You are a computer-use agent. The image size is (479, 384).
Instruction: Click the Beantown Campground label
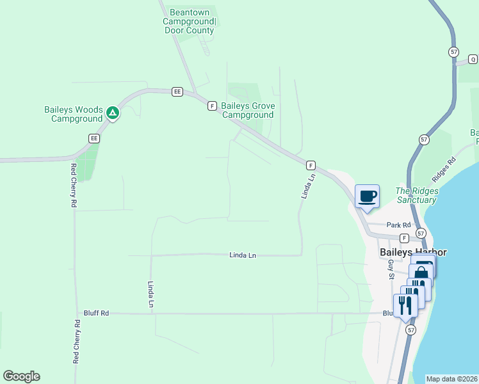pyautogui.click(x=190, y=21)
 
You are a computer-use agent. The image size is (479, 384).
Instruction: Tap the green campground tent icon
pyautogui.click(x=113, y=113)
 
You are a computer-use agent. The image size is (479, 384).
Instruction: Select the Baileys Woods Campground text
pyautogui.click(x=73, y=114)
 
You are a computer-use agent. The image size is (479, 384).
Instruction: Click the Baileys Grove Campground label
pyautogui.click(x=248, y=110)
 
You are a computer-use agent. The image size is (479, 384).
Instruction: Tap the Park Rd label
pyautogui.click(x=398, y=225)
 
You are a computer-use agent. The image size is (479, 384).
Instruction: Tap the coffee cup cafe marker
pyautogui.click(x=367, y=196)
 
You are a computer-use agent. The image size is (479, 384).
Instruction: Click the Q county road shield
pyautogui.click(x=473, y=60)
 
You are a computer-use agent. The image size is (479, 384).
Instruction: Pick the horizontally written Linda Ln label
pyautogui.click(x=243, y=255)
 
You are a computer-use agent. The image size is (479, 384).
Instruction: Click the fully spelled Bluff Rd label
pyautogui.click(x=96, y=313)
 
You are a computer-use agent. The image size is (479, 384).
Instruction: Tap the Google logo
pyautogui.click(x=21, y=376)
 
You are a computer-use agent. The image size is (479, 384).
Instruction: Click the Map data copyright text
pyautogui.click(x=451, y=379)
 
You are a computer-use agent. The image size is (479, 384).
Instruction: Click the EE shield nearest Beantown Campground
pyautogui.click(x=177, y=92)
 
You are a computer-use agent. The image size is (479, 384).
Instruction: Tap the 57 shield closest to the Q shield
pyautogui.click(x=453, y=51)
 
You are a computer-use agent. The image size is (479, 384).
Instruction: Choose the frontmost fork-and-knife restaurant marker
pyautogui.click(x=405, y=305)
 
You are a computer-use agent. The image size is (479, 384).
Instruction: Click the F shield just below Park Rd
pyautogui.click(x=404, y=238)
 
